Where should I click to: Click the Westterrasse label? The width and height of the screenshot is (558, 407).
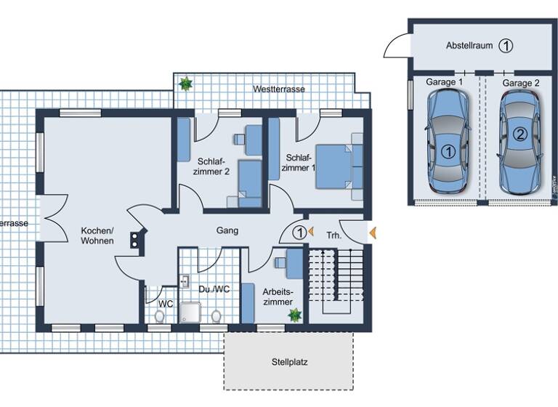(x=278, y=89)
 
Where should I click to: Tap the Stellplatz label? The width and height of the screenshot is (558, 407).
(x=289, y=361)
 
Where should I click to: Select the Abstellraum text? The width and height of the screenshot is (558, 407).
(x=469, y=45)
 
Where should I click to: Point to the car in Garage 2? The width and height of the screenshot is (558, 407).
(x=519, y=142)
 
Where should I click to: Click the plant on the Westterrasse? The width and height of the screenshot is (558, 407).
(x=186, y=84)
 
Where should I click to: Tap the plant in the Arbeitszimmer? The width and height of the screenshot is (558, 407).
(x=295, y=315)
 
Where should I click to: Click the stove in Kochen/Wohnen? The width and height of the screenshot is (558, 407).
(x=135, y=241)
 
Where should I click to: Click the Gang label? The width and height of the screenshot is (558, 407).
(x=227, y=230)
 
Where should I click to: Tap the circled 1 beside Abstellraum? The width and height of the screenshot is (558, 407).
(x=506, y=45)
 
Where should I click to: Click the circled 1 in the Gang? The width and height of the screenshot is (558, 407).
(x=299, y=233)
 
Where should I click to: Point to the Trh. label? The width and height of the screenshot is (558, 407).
(x=333, y=235)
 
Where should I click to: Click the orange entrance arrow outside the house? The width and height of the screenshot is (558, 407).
(x=373, y=233)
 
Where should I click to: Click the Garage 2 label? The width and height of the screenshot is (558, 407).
(x=521, y=83)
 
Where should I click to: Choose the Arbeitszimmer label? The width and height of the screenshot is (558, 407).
(x=278, y=296)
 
